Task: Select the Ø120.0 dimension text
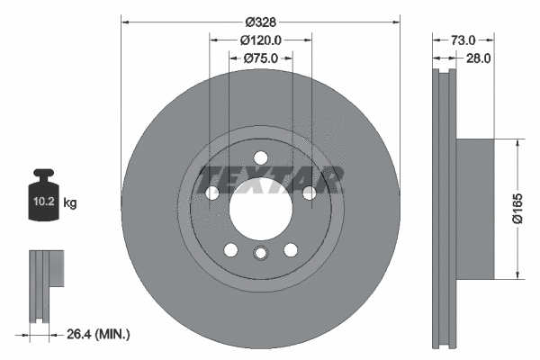pyautogui.click(x=261, y=40)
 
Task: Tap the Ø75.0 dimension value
pyautogui.click(x=261, y=58)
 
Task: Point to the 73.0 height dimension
pyautogui.click(x=462, y=40)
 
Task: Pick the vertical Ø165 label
pyautogui.click(x=518, y=208)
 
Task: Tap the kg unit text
pyautogui.click(x=69, y=203)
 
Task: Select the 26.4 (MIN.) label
pyautogui.click(x=98, y=334)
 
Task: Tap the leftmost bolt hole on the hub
pyautogui.click(x=212, y=193)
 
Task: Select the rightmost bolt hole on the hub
pyautogui.click(x=309, y=193)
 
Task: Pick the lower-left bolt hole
pyautogui.click(x=230, y=250)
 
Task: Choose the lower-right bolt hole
pyautogui.click(x=291, y=250)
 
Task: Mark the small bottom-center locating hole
pyautogui.click(x=260, y=253)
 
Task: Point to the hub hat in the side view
pyautogui.click(x=476, y=209)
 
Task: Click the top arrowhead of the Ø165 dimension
pyautogui.click(x=517, y=143)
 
